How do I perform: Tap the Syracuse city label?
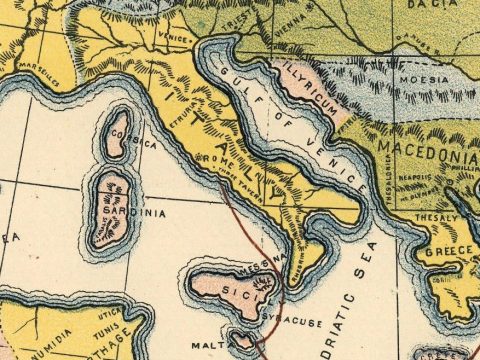(x=287, y=311)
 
